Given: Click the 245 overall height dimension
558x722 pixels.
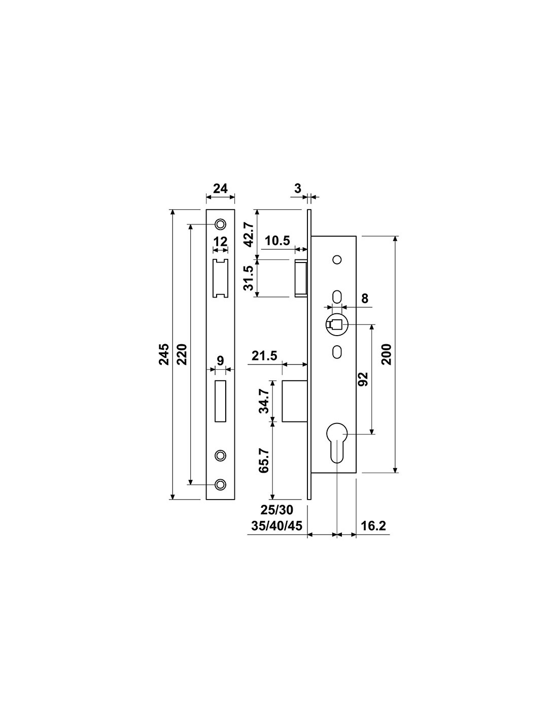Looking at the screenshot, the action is (164, 355).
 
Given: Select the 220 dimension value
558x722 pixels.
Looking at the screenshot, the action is (183, 355).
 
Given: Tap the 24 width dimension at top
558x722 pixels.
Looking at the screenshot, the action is (221, 188).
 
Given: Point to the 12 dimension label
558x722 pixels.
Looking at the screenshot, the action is (221, 242).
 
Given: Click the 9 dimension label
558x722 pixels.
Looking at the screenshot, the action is (220, 360).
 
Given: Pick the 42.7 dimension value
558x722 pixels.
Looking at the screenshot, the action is (249, 235).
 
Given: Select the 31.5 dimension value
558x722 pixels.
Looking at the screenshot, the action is (249, 278).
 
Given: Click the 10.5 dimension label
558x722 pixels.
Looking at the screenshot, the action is (277, 240).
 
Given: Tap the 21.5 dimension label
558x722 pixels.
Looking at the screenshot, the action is (264, 356).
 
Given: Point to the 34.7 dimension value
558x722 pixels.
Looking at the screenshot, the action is (264, 401).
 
